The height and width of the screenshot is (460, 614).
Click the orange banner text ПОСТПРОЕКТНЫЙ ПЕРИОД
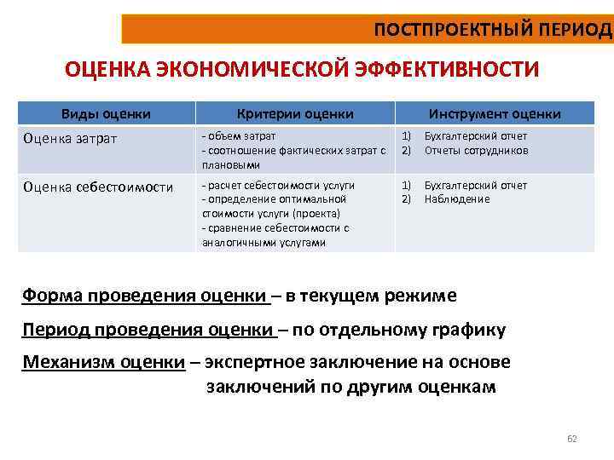[x=493, y=30]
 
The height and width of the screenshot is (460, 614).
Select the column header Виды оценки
[x=107, y=113]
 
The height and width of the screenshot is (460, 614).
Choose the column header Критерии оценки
[x=295, y=113]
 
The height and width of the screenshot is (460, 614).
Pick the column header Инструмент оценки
[x=495, y=113]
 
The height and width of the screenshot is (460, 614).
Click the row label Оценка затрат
[x=71, y=137]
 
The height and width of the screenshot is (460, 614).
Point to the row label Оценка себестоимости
[x=98, y=187]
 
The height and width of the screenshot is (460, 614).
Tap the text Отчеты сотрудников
[x=477, y=150]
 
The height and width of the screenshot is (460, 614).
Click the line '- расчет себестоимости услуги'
[x=278, y=185]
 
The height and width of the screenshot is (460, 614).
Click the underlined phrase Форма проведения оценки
[x=144, y=296]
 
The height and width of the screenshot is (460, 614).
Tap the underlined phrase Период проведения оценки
[x=148, y=330]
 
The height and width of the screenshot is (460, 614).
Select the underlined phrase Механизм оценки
[x=103, y=362]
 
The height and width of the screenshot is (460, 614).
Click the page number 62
[x=572, y=440]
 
